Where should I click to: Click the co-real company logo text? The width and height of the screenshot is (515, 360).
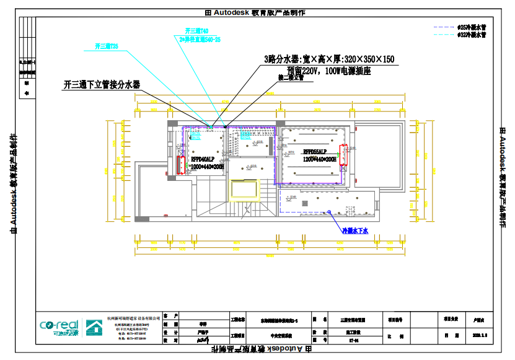click(x=59, y=325)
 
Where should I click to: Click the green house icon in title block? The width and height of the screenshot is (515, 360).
click(x=94, y=327)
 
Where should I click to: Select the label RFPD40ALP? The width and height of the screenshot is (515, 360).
click(x=203, y=159)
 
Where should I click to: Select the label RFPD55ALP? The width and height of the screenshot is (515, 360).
click(x=315, y=152)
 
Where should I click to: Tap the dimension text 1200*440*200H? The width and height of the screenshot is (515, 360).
click(x=320, y=159)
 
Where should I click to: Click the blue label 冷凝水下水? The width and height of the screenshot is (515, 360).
click(x=356, y=230)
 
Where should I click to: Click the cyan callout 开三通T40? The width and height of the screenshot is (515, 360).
click(x=196, y=30)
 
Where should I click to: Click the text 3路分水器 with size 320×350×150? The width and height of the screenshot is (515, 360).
click(x=329, y=59)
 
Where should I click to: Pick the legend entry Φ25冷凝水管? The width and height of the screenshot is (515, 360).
click(x=472, y=28)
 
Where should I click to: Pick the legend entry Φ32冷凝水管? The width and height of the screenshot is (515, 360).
click(x=472, y=35)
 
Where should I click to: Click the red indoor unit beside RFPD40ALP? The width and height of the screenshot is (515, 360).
click(x=181, y=165)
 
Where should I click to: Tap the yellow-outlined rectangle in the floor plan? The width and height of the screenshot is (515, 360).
click(x=243, y=189)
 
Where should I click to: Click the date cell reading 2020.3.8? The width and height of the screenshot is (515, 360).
click(x=480, y=335)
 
